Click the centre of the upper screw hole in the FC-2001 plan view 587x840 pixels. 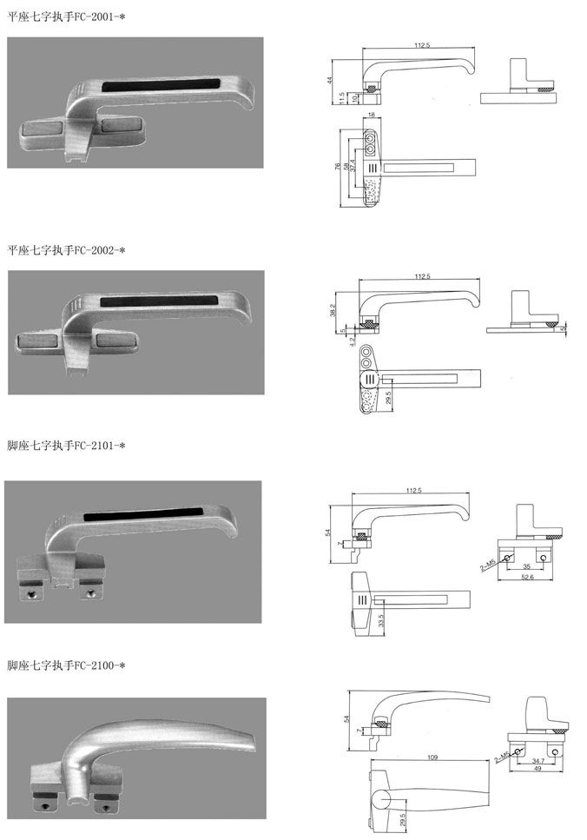coord(370,136)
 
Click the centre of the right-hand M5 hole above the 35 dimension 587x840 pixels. coord(543,559)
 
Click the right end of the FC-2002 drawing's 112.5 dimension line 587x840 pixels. coord(479,280)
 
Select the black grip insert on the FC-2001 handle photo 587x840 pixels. coord(161,84)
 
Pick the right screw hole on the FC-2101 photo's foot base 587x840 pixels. coord(89,592)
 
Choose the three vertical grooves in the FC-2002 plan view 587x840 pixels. coord(370,379)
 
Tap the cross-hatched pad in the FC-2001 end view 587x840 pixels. coord(545,88)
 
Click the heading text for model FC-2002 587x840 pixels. coord(66,250)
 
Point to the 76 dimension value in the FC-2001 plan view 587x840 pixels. coord(338,167)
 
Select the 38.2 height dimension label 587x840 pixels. coord(333,310)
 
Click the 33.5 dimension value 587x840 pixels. coord(381,620)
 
